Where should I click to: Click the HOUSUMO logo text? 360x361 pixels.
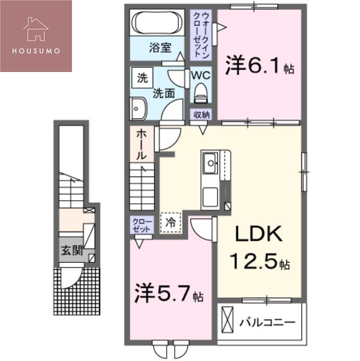point(35,49)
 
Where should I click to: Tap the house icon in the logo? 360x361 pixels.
point(35,28)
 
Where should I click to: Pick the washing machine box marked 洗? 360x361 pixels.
point(142,77)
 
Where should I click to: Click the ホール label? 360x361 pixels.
point(142,145)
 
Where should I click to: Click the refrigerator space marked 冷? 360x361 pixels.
point(171,222)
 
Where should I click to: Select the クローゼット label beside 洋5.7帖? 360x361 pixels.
point(142,225)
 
